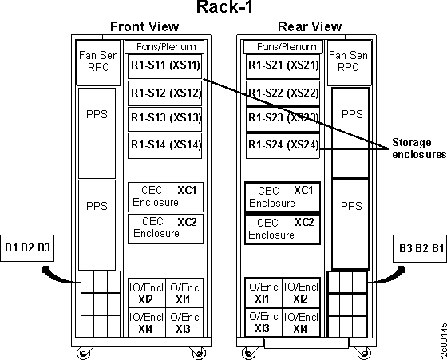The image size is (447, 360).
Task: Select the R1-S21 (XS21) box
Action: [x=283, y=65]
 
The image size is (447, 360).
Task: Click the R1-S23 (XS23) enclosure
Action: [x=283, y=118]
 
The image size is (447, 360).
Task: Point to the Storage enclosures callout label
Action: [x=411, y=148]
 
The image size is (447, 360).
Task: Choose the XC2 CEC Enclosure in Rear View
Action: [x=283, y=228]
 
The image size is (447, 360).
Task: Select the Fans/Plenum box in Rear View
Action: [x=283, y=47]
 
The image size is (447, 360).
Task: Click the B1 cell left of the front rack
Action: [x=11, y=248]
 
